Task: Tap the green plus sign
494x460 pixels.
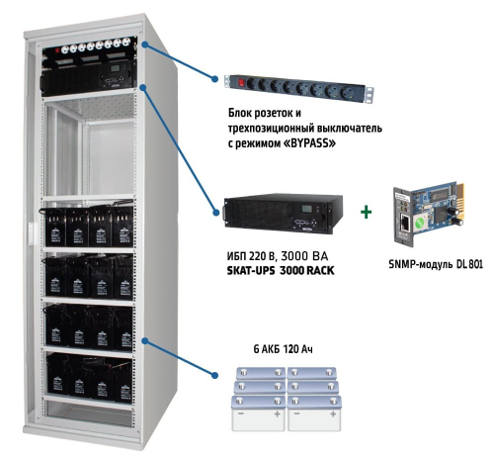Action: [x=368, y=212]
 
